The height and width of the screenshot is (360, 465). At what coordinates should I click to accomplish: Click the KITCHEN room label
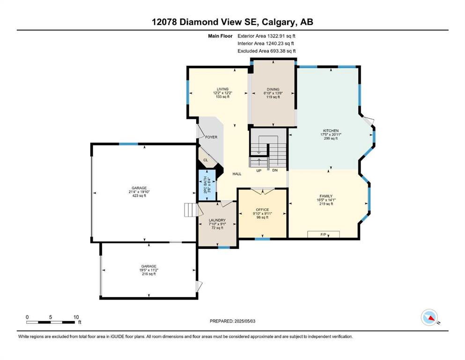331,131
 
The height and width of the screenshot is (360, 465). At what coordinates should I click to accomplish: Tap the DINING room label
273,89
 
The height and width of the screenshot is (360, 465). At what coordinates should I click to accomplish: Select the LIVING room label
222,89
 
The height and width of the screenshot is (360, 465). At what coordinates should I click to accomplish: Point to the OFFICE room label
262,210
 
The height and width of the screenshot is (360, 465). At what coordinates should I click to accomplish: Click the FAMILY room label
326,196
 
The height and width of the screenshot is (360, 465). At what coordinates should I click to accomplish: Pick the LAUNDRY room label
217,220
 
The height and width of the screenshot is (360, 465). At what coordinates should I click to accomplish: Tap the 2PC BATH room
207,186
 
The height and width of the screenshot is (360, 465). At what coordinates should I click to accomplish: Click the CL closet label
206,160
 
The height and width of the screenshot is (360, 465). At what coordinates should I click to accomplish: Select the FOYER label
211,137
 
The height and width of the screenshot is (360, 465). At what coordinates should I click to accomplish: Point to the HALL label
236,174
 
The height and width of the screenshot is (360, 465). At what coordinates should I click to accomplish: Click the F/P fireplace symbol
323,234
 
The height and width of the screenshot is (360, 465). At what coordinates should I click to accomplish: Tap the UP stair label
259,171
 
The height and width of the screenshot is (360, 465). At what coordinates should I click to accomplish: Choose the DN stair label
275,170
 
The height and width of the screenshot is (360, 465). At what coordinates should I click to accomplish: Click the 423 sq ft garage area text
139,195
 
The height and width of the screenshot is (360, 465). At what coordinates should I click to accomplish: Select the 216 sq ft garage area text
148,274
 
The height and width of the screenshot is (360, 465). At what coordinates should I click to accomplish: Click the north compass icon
429,317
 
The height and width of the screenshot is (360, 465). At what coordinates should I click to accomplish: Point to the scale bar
51,322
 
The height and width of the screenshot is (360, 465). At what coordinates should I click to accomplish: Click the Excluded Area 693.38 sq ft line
266,51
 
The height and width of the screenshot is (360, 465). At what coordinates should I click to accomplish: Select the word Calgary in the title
279,22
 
